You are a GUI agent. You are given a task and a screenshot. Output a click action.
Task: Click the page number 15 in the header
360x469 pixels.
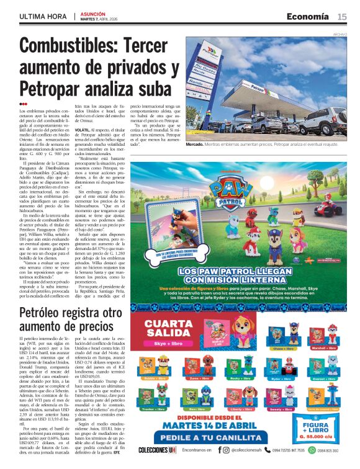[342, 16]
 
